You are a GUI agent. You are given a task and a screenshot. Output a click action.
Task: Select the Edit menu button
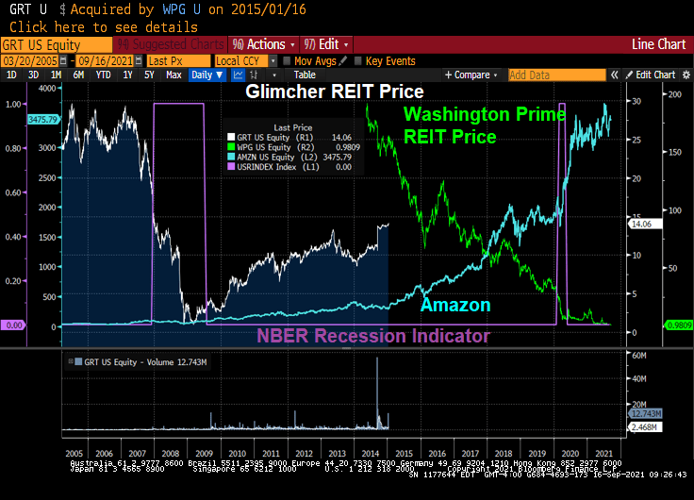click(326, 44)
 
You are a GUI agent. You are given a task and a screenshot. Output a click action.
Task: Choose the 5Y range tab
click(148, 75)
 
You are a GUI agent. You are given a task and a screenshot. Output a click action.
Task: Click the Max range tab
click(173, 75)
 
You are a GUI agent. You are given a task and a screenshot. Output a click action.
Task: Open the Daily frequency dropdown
click(205, 75)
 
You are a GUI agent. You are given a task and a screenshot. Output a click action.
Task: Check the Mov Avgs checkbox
click(288, 60)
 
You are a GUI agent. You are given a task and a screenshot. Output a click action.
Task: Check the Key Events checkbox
click(358, 60)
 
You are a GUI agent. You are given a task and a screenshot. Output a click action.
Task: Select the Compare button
click(471, 75)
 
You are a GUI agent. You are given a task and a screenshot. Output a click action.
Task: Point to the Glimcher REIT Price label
click(334, 92)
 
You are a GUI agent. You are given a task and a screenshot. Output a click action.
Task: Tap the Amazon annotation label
click(454, 305)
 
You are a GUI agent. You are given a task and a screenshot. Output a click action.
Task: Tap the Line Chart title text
click(658, 44)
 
